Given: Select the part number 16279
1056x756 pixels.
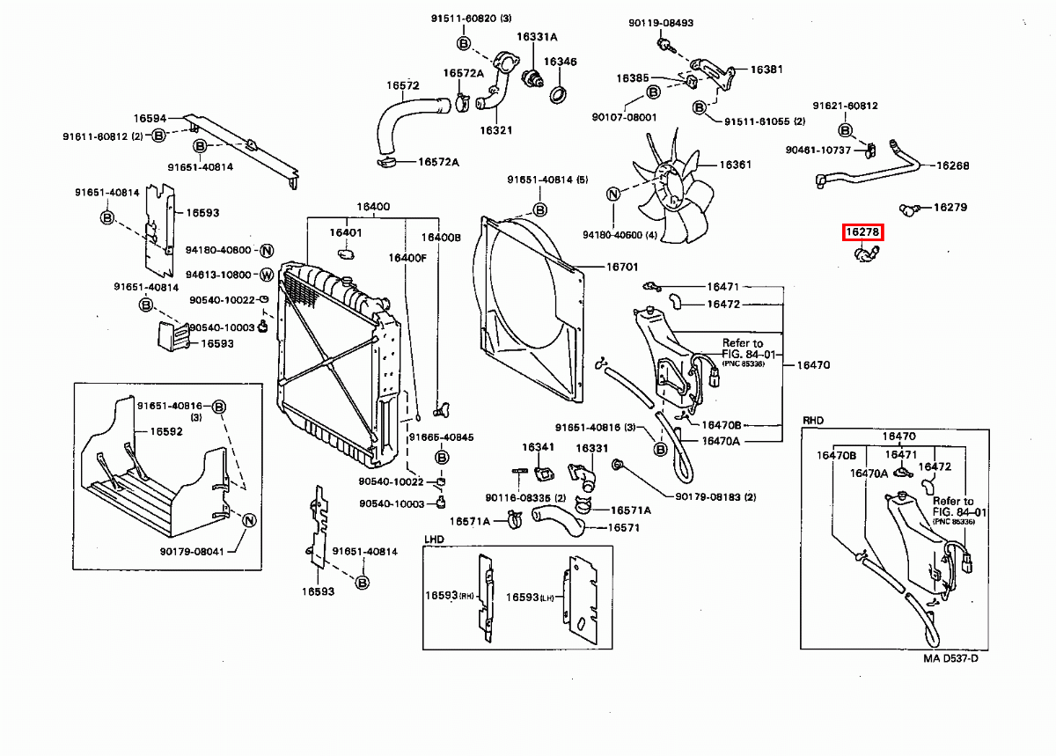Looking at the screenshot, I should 950,208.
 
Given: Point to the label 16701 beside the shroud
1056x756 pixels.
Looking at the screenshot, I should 622,267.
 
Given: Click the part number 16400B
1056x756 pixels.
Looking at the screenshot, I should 440,238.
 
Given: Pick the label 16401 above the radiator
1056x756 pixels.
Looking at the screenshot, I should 345,232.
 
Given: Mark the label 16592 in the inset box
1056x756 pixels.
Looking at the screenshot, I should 165,431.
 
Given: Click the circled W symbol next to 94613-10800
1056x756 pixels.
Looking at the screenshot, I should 266,275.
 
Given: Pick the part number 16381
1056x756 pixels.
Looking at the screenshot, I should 766,69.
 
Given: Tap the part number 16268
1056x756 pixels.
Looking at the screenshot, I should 951,165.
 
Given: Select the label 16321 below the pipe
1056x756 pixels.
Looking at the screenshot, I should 495,130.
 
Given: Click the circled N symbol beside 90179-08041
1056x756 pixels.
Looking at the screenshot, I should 248,520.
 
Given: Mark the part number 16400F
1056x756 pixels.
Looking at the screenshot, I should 408,258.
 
